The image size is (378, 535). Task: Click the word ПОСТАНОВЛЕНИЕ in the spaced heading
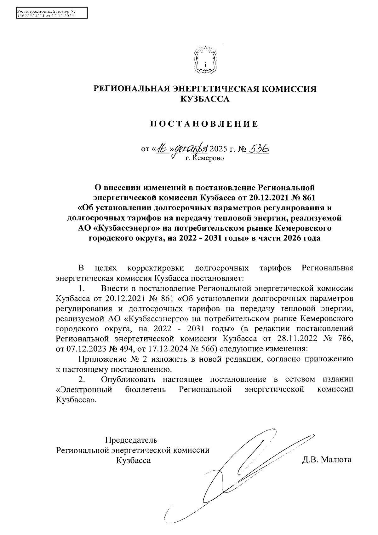pyautogui.click(x=204, y=124)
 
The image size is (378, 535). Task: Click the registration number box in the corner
pyautogui.click(x=51, y=13)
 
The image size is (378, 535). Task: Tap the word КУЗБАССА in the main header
pyautogui.click(x=205, y=99)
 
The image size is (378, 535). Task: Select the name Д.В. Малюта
pyautogui.click(x=326, y=460)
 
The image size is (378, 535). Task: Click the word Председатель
pyautogui.click(x=131, y=440)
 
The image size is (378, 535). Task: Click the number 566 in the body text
pyautogui.click(x=207, y=349)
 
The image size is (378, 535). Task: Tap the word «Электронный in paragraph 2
pyautogui.click(x=84, y=389)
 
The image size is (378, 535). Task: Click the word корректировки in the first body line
pyautogui.click(x=156, y=268)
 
